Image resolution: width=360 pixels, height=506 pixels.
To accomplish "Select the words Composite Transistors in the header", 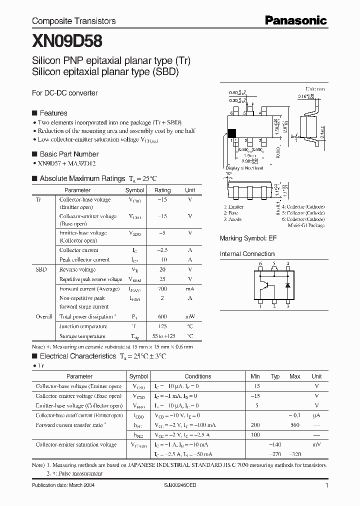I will coord(73,21).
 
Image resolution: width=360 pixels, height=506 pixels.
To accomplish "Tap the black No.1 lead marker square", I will coord(231,133).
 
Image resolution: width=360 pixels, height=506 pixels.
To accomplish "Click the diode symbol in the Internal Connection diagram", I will coord(287,284).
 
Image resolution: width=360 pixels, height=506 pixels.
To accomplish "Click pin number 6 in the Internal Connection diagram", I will coord(260,263).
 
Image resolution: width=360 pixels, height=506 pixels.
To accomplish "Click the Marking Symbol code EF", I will coord(272,238).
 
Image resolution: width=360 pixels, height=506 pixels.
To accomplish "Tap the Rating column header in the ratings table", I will coord(162,190).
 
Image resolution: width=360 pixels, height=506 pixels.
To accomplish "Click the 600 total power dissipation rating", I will coord(162,316).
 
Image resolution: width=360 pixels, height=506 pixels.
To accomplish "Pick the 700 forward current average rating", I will coord(162,289).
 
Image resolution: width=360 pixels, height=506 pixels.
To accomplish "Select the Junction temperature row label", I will coord(83,326).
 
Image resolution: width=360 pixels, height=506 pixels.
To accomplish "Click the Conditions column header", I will coord(197,376).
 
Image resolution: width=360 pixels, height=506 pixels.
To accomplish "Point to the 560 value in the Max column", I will coord(294,425).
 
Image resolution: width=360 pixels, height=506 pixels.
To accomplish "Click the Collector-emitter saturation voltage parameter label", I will coord(76,444).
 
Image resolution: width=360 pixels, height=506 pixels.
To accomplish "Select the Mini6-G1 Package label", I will coord(306,225).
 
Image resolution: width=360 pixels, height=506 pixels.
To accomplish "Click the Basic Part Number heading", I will coord(69,154).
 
